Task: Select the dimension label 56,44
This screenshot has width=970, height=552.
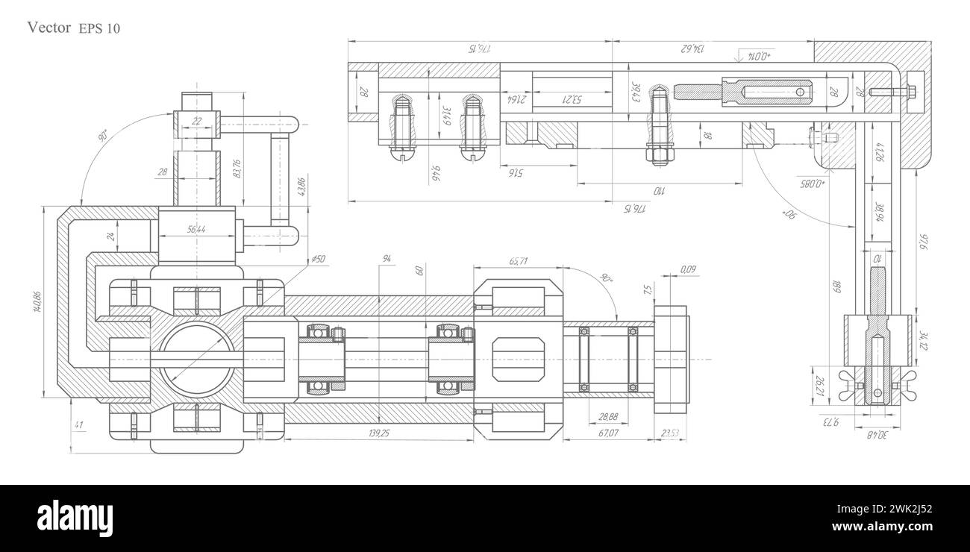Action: point(197,230)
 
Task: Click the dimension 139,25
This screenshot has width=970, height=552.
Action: point(380,433)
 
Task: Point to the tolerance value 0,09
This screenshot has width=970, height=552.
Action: point(688,269)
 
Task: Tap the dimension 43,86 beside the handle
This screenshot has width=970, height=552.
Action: point(301,186)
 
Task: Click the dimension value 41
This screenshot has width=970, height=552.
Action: point(79,425)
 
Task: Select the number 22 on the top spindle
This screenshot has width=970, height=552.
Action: point(197,121)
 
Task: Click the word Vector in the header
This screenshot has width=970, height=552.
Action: point(48,28)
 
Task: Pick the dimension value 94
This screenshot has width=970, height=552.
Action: point(387,259)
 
